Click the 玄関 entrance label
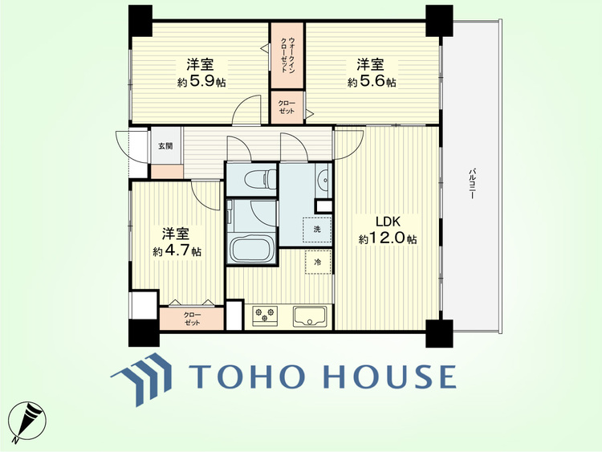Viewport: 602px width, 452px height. (x=165, y=146)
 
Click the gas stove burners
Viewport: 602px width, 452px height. (x=265, y=314)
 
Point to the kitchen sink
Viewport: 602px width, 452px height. (x=310, y=316)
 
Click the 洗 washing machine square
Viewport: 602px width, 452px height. (x=317, y=230)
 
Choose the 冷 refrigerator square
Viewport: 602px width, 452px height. (x=319, y=262)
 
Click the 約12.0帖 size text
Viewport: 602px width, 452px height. (x=388, y=239)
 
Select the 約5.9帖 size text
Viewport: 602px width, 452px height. (x=201, y=82)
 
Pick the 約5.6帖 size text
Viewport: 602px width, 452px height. (x=372, y=82)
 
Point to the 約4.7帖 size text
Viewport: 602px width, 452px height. (x=177, y=251)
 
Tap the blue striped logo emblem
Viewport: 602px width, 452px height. (x=141, y=379)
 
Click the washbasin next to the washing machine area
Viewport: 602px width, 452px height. (x=324, y=180)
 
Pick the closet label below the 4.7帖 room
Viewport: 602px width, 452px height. (x=192, y=319)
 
